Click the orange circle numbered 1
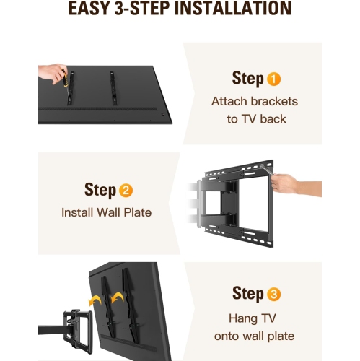[275, 79]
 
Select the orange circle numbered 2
[126, 191]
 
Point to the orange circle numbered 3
[275, 294]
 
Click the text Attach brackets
[254, 101]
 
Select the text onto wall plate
[254, 336]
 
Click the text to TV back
[254, 118]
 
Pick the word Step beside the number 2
[100, 191]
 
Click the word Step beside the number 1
[247, 79]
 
